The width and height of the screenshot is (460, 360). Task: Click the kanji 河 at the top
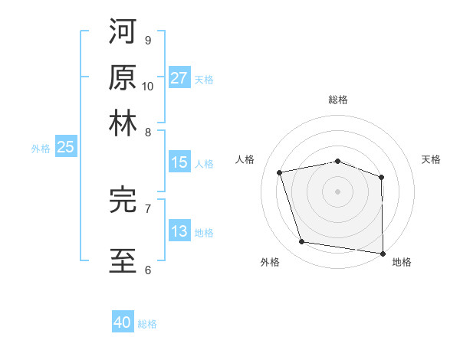(x=123, y=33)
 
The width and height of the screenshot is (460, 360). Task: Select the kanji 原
(x=123, y=78)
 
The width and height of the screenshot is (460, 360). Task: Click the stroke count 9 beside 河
(x=147, y=41)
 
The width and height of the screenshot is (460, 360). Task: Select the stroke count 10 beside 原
(x=148, y=86)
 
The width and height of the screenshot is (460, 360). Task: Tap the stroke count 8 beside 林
(x=147, y=132)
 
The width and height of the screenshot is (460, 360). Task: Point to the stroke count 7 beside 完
(x=147, y=208)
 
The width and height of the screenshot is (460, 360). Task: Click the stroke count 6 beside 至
(x=147, y=269)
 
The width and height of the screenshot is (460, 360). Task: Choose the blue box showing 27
(x=179, y=78)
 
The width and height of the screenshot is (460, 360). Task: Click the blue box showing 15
(x=179, y=162)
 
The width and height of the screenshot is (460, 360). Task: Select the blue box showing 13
(x=179, y=231)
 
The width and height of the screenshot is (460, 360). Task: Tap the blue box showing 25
(x=65, y=147)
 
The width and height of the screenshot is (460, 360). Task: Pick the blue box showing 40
(x=123, y=322)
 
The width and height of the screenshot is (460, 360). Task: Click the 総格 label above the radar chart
(x=338, y=100)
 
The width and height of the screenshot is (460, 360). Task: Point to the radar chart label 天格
(x=431, y=159)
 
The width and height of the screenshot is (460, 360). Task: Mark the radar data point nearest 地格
(x=383, y=252)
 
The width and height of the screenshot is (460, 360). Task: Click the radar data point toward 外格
(x=302, y=242)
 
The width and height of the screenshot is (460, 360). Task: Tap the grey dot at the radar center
(x=337, y=191)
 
